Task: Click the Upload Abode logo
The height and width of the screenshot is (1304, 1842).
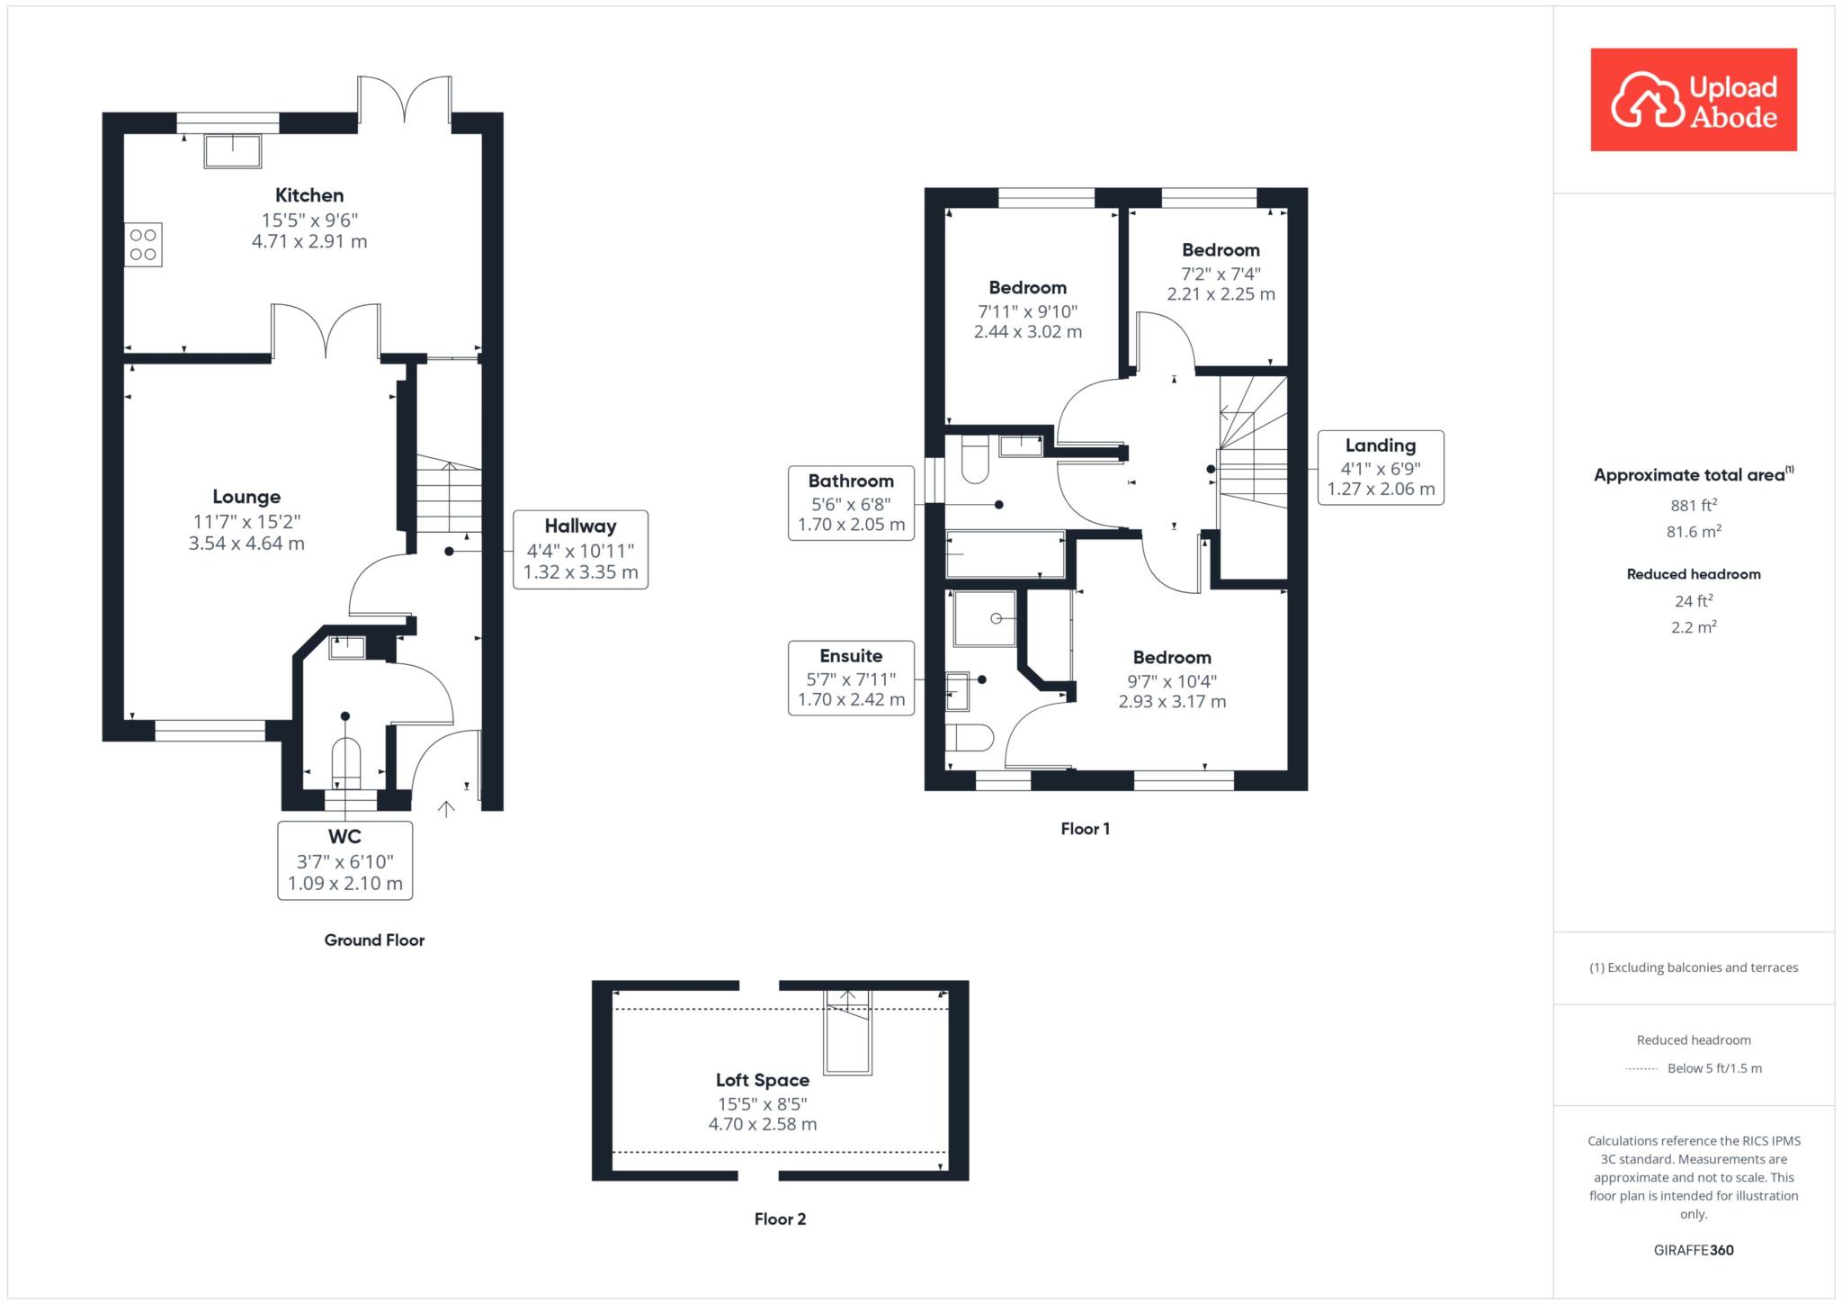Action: (x=1694, y=100)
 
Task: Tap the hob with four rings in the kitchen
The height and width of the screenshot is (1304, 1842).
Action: (x=144, y=245)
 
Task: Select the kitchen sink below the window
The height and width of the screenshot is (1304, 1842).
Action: (x=233, y=151)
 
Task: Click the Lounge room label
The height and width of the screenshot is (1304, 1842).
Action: (x=246, y=496)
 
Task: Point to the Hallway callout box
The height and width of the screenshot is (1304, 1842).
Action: (x=580, y=550)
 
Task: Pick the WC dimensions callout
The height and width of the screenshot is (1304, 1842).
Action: (x=345, y=860)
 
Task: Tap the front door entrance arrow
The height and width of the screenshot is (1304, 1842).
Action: (x=446, y=809)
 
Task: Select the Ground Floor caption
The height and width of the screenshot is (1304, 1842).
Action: (x=374, y=940)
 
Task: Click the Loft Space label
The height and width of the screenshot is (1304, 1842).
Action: (x=763, y=1080)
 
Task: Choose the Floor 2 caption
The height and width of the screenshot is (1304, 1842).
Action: (x=780, y=1219)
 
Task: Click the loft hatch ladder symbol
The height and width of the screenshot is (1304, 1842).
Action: (x=848, y=1031)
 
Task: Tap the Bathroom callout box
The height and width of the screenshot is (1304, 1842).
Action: (x=851, y=502)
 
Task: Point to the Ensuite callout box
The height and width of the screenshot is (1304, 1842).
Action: (x=851, y=678)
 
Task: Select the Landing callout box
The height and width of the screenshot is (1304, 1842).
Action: (x=1381, y=467)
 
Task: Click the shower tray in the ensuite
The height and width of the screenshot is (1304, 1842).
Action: (x=985, y=618)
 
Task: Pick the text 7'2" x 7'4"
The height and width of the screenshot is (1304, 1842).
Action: (x=1221, y=273)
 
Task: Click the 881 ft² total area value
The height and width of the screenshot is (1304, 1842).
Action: (x=1694, y=505)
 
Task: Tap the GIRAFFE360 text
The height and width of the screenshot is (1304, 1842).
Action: (x=1694, y=1250)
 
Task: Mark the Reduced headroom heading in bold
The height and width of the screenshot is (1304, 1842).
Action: (x=1694, y=574)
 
